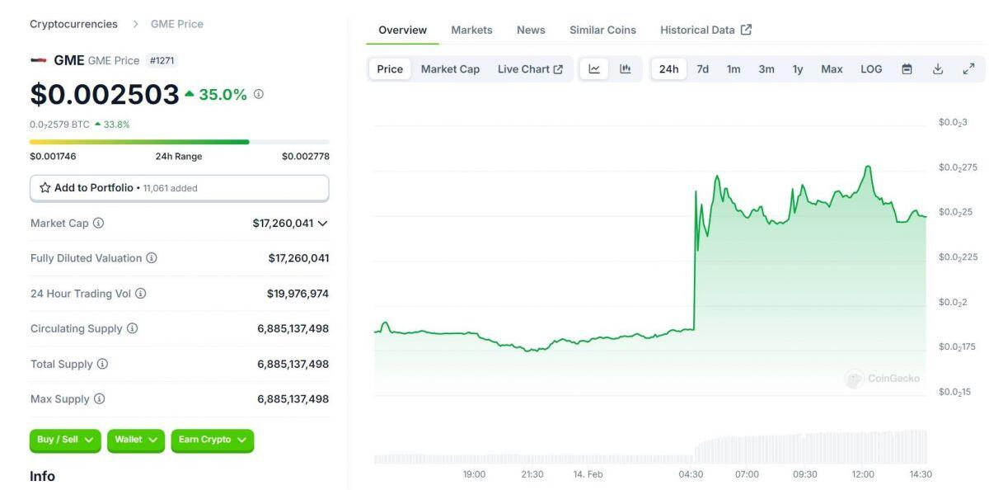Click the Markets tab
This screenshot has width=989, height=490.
[471, 30]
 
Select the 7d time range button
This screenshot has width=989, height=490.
[702, 69]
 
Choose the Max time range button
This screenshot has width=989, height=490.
[832, 69]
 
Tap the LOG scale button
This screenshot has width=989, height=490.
[871, 69]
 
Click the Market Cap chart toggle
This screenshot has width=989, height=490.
[450, 69]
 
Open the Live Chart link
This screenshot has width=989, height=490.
[530, 69]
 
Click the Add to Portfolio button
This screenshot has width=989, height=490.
[179, 188]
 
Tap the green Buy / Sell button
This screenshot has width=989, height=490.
[65, 440]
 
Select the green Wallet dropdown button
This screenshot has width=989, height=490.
[136, 440]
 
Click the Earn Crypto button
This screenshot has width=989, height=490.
[213, 440]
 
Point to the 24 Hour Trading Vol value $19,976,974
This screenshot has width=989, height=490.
[298, 294]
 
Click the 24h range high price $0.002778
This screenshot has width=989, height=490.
[305, 157]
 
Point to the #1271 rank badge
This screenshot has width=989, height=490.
[162, 60]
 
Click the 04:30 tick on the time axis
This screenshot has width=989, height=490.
[691, 474]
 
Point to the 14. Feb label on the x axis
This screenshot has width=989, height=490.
[588, 474]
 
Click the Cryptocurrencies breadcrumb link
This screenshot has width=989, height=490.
[73, 24]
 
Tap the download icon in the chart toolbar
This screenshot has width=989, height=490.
[938, 69]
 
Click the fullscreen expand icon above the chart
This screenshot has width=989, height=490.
[968, 69]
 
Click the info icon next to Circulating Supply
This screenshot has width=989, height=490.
[132, 328]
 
